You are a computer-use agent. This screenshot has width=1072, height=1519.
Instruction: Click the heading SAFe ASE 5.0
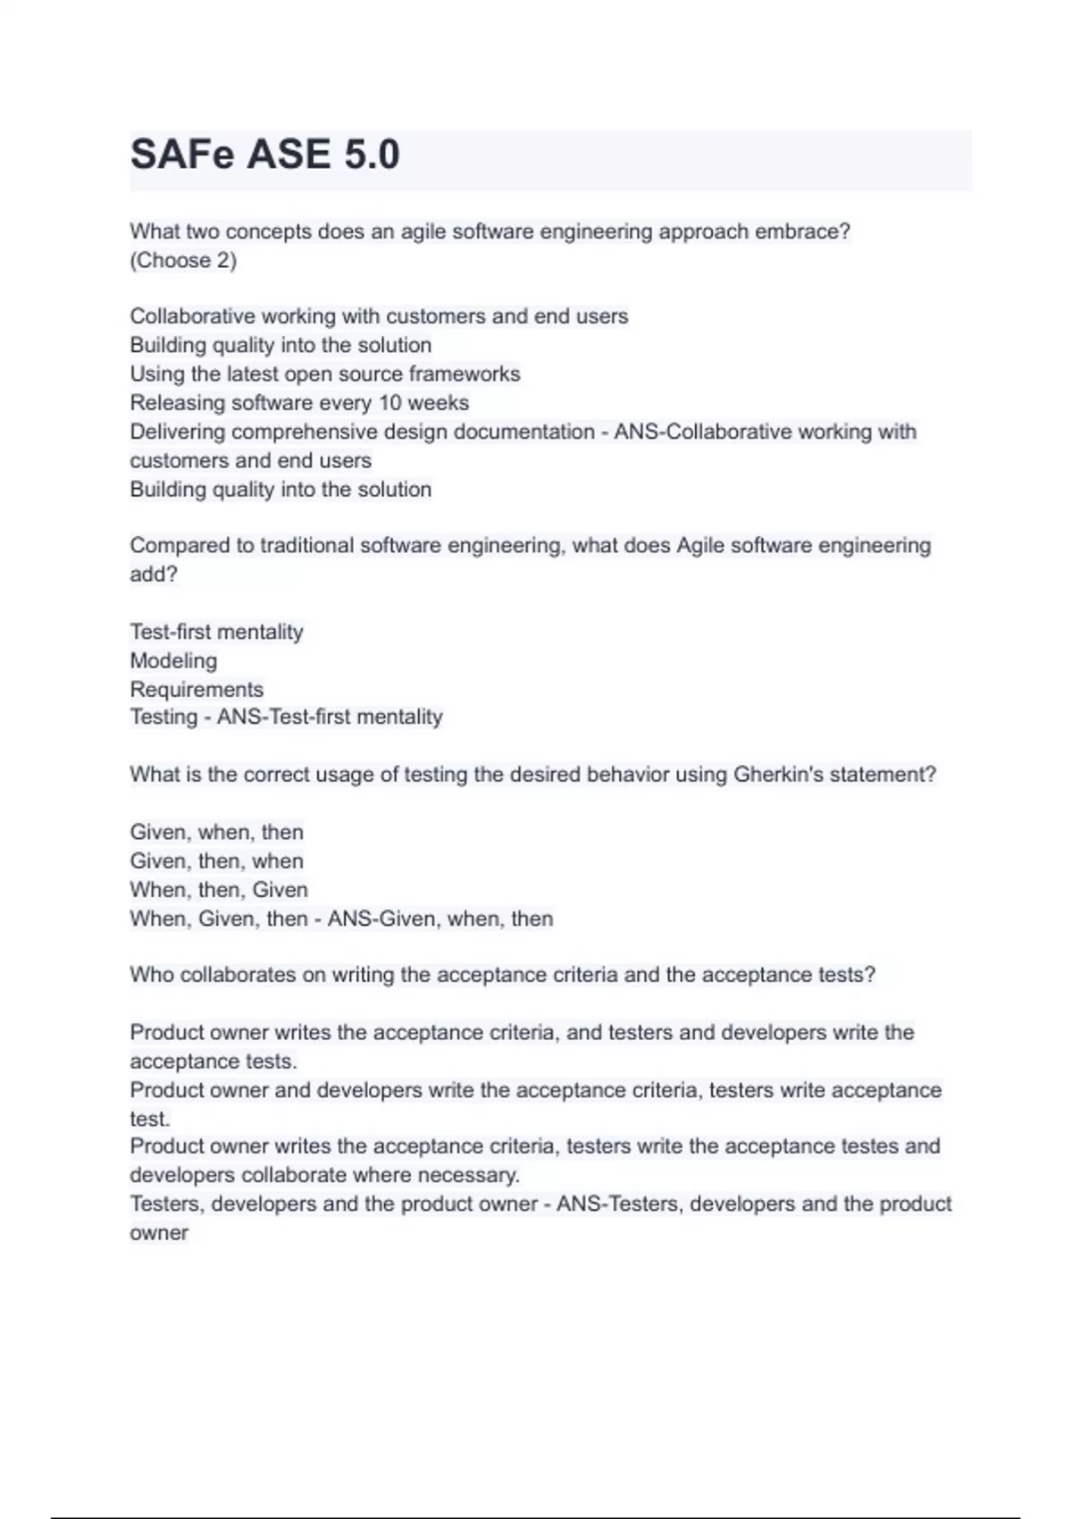[264, 155]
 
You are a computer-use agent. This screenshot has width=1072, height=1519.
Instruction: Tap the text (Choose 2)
[183, 261]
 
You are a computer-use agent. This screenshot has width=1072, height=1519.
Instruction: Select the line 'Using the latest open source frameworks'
[325, 374]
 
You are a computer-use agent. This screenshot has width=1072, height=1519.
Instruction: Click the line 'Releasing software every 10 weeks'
[299, 403]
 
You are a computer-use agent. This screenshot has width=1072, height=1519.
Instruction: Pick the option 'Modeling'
[173, 661]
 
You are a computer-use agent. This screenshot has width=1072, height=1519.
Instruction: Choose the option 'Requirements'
[197, 690]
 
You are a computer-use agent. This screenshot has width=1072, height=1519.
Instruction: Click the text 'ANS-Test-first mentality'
[330, 718]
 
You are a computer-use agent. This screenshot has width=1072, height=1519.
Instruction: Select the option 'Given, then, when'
[216, 861]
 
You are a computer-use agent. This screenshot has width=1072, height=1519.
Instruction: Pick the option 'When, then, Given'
[219, 890]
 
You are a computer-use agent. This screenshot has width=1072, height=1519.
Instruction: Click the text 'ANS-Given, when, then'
[440, 919]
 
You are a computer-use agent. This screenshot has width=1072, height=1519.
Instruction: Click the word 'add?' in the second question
[154, 575]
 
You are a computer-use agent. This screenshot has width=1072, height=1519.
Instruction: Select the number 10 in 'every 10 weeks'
[390, 403]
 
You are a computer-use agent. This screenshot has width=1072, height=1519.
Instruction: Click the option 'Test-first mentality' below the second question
[216, 633]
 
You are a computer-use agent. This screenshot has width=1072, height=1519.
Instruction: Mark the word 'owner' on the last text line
[159, 1233]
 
